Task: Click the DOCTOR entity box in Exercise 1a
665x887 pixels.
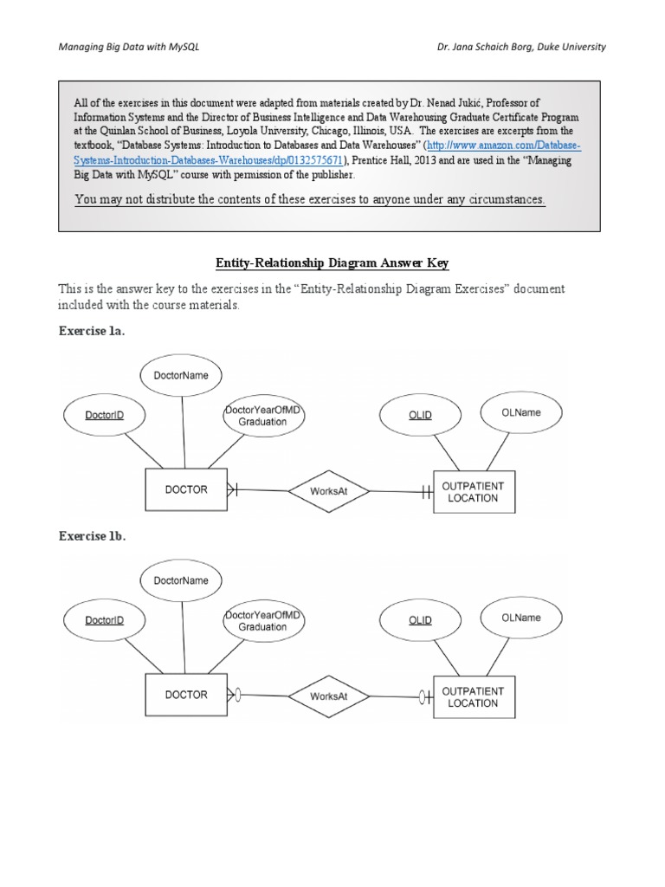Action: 185,489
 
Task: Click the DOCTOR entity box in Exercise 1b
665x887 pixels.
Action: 185,695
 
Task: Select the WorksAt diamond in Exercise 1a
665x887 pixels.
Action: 328,491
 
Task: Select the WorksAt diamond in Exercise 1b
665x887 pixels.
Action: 328,696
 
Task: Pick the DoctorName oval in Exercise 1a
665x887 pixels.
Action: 180,376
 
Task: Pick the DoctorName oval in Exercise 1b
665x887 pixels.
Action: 180,581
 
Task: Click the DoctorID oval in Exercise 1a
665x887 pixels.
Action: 104,415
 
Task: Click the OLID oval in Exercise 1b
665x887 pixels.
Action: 420,620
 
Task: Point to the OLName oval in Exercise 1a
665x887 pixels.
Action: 520,412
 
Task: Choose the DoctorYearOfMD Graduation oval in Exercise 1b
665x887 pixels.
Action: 262,620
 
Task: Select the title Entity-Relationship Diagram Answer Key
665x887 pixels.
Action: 332,263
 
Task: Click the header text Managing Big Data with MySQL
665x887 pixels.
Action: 128,47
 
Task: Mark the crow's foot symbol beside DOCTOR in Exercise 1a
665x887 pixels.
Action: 231,489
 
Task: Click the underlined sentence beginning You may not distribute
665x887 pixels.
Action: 310,199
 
